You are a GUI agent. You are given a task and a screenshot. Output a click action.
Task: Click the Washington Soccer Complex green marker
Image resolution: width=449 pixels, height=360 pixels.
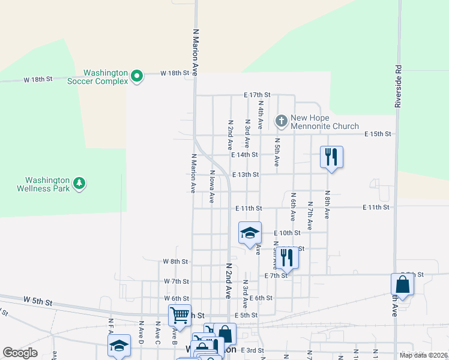[137, 76]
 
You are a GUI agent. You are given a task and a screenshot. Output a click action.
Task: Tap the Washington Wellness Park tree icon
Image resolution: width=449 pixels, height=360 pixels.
[79, 183]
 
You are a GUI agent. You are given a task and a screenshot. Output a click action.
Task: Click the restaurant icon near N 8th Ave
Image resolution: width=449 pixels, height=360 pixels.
[331, 157]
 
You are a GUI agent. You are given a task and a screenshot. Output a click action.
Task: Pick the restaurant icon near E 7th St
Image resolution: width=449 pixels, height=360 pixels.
[288, 258]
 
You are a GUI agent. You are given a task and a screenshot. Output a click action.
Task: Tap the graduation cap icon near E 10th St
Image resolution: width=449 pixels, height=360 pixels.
[250, 233]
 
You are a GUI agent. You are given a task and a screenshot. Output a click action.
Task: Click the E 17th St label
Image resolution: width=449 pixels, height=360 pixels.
[257, 95]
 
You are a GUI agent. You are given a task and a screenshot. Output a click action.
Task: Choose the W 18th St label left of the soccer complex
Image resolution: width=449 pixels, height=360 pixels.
[38, 79]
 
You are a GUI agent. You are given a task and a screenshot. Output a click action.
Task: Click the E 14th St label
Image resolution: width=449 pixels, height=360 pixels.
[244, 154]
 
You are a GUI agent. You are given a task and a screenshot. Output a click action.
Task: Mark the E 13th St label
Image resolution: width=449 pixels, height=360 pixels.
[245, 175]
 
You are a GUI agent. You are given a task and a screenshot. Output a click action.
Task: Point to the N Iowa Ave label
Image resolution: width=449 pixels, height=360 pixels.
[211, 187]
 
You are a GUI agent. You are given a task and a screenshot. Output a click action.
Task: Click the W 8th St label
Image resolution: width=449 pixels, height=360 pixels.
[176, 262]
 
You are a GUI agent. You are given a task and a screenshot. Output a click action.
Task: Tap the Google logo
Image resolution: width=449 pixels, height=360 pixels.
[20, 352]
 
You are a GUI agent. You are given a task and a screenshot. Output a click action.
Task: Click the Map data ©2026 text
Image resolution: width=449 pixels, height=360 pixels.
[423, 355]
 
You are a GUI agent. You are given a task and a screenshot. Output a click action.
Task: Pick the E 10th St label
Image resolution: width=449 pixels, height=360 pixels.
[287, 233]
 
